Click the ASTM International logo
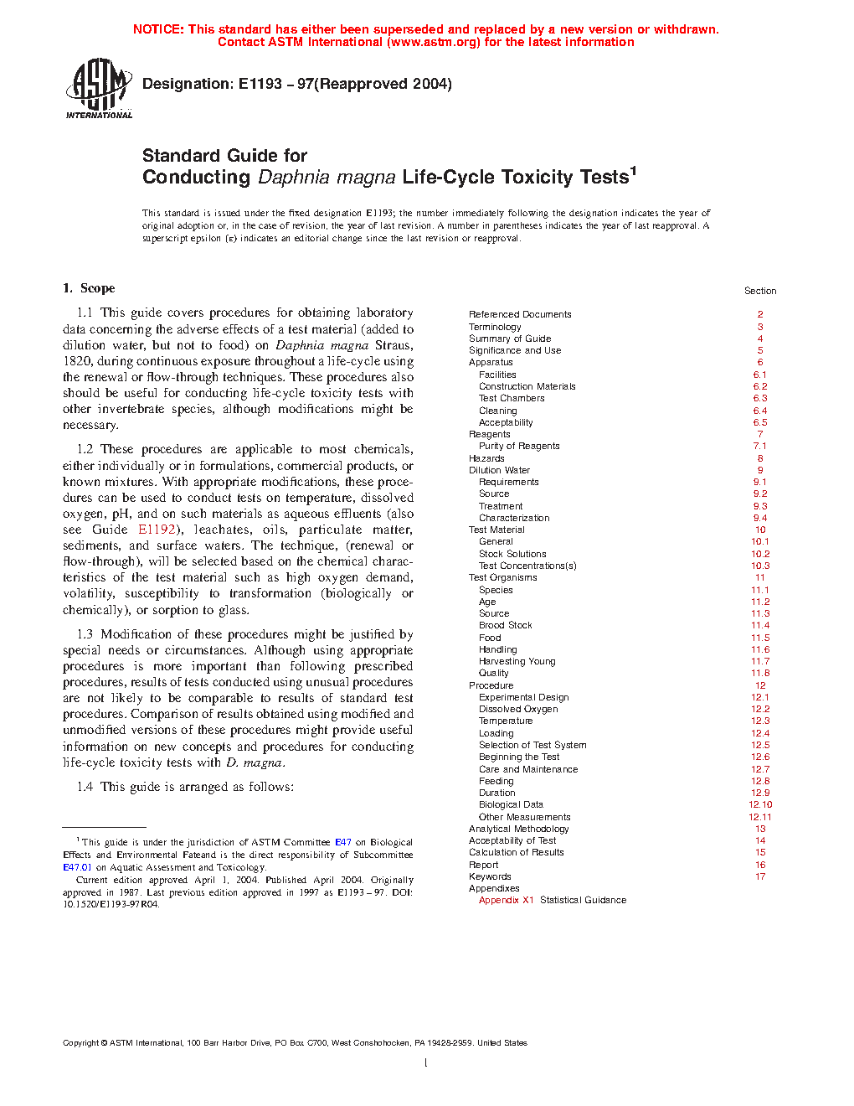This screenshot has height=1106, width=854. pyautogui.click(x=99, y=88)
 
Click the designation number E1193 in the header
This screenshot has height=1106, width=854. pyautogui.click(x=260, y=84)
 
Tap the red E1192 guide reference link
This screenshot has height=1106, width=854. pyautogui.click(x=157, y=530)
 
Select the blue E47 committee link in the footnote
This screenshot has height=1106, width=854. pyautogui.click(x=342, y=842)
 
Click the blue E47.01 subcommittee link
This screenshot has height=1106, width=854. pyautogui.click(x=77, y=867)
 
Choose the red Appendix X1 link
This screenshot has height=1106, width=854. pyautogui.click(x=506, y=900)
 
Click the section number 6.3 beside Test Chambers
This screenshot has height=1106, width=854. pyautogui.click(x=759, y=398)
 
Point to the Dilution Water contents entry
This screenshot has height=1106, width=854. pyautogui.click(x=499, y=470)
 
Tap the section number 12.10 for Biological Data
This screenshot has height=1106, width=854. pyautogui.click(x=760, y=804)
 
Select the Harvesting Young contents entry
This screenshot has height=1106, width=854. pyautogui.click(x=517, y=661)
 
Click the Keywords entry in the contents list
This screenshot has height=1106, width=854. pyautogui.click(x=490, y=876)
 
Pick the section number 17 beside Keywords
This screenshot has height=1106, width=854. pyautogui.click(x=760, y=876)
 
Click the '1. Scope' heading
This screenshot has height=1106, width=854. pyautogui.click(x=89, y=288)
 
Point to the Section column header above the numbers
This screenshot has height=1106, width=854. pyautogui.click(x=760, y=291)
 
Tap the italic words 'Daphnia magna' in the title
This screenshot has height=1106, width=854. pyautogui.click(x=327, y=178)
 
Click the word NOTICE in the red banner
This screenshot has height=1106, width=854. pyautogui.click(x=158, y=29)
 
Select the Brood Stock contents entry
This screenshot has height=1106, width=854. pyautogui.click(x=505, y=625)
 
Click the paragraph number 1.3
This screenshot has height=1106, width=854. pyautogui.click(x=85, y=634)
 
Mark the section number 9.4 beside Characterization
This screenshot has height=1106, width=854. pyautogui.click(x=759, y=518)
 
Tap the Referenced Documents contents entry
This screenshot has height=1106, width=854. pyautogui.click(x=520, y=314)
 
